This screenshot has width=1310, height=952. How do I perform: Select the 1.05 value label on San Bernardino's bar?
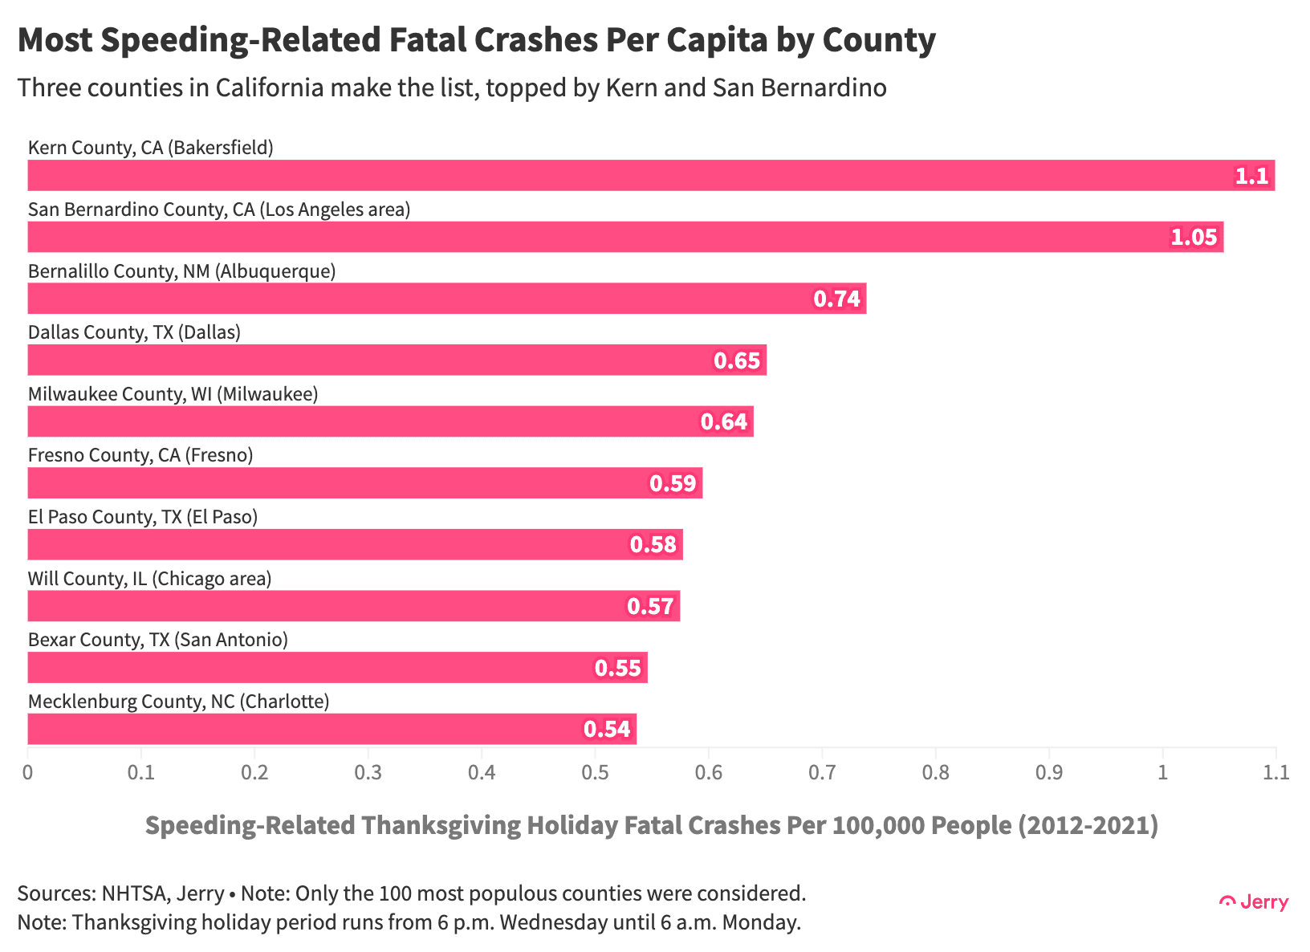click(1194, 238)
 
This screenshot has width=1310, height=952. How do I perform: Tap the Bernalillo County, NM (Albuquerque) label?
click(181, 271)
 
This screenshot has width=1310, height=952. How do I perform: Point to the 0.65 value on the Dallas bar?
click(737, 360)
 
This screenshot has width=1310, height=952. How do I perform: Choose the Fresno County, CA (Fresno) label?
click(140, 456)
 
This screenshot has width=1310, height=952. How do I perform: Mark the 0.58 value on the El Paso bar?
click(653, 545)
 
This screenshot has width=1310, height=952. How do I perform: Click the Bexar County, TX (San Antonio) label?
click(157, 641)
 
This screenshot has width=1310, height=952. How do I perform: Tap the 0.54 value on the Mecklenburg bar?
click(607, 730)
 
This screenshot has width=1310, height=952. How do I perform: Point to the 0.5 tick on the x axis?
click(595, 773)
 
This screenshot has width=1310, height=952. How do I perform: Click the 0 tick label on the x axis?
click(28, 773)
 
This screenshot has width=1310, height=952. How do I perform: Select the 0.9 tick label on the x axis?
click(1049, 773)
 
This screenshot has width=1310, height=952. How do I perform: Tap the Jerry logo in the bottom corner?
click(1254, 902)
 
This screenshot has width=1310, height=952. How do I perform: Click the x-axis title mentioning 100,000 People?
click(651, 825)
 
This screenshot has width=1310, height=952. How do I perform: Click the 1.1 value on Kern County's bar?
click(1251, 176)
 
